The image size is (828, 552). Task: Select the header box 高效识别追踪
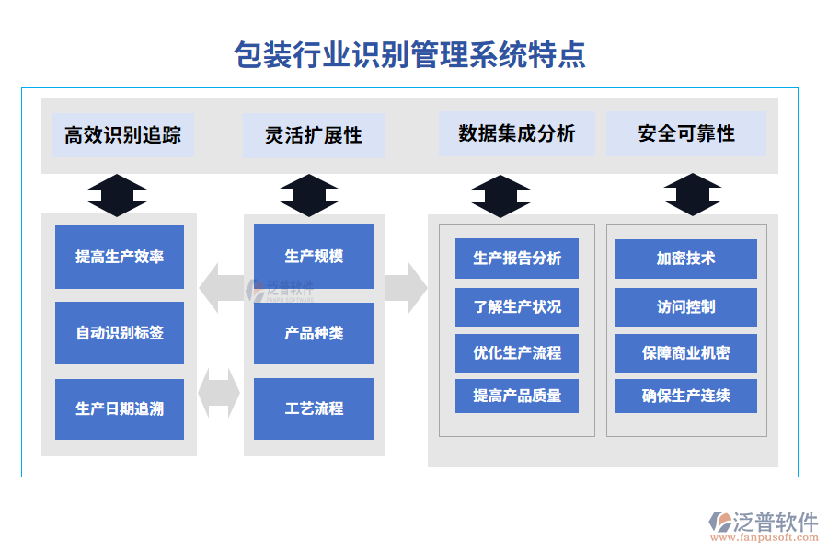122,135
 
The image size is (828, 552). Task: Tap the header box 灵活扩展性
314,135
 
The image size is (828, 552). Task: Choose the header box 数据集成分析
517,133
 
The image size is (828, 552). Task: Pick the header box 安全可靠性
686,133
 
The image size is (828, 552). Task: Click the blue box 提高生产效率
120,257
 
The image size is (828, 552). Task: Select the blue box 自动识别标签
120,332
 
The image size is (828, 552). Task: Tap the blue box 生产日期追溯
120,408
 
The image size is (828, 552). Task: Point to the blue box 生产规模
314,257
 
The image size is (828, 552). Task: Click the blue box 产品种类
314,332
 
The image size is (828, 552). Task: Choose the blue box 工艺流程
314,408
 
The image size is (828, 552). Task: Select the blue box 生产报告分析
517,259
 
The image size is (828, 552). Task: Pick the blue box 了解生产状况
517,306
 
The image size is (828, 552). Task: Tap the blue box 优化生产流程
517,352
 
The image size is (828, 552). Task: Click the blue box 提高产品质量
517,396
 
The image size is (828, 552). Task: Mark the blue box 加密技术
685,259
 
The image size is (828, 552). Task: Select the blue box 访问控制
685,306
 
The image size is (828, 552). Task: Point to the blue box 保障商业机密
685,352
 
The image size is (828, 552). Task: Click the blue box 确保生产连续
685,396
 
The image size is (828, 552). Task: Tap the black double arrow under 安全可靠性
692,195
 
